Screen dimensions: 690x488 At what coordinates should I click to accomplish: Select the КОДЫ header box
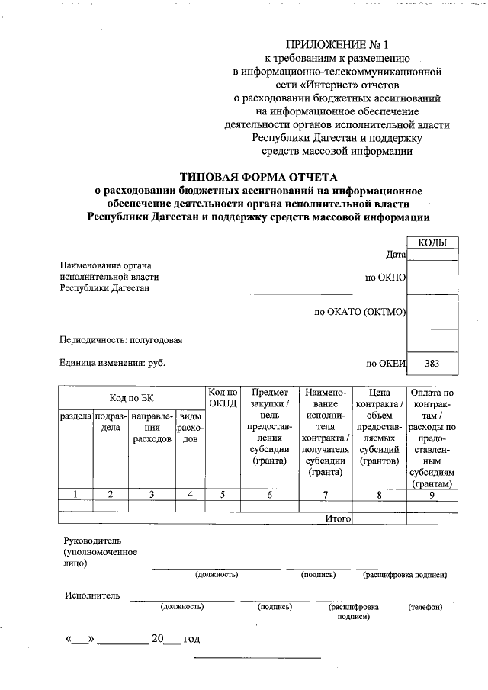432,243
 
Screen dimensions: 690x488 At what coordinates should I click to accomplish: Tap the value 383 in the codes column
432,364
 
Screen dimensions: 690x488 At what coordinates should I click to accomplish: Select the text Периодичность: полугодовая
121,339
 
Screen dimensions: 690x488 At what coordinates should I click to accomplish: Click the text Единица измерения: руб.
112,364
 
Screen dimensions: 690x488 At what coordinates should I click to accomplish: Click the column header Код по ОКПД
223,398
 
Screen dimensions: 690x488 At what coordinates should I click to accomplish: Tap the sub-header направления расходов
151,428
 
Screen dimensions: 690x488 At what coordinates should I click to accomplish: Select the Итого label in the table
337,518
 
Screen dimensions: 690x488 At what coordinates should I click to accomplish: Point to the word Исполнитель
92,595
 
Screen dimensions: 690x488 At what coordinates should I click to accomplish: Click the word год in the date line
191,639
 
